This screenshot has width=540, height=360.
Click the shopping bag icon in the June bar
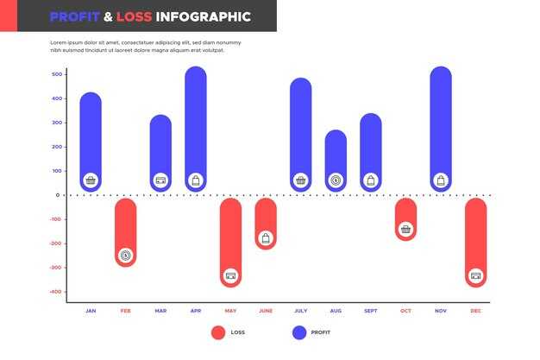pyautogui.click(x=266, y=237)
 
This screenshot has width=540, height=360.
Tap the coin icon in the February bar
pyautogui.click(x=126, y=255)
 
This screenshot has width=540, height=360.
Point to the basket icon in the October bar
pyautogui.click(x=405, y=230)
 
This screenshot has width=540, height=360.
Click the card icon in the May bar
pyautogui.click(x=230, y=276)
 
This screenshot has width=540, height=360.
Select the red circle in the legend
pyautogui.click(x=218, y=332)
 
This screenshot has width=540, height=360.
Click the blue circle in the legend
pyautogui.click(x=299, y=332)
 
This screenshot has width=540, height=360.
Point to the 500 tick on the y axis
pyautogui.click(x=57, y=74)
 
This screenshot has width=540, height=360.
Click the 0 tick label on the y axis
pyautogui.click(x=58, y=195)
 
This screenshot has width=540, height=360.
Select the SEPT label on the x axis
pyautogui.click(x=370, y=311)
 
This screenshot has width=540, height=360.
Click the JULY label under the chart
pyautogui.click(x=300, y=311)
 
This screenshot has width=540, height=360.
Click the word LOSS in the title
pyautogui.click(x=135, y=16)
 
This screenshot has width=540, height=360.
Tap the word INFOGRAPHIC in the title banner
pyautogui.click(x=204, y=16)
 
